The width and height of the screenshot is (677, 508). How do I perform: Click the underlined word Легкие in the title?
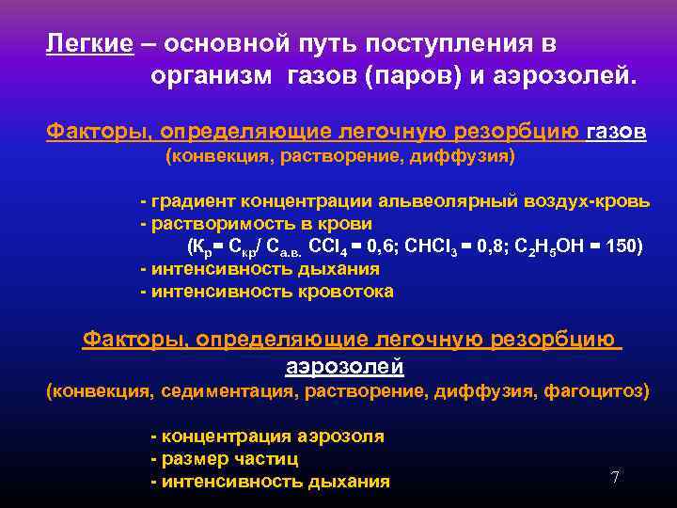[89, 44]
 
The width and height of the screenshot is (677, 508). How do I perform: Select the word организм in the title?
[208, 75]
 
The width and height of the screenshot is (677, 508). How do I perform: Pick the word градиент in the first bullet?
[193, 202]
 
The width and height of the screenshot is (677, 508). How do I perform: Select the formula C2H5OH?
[545, 247]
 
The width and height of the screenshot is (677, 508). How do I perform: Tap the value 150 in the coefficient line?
[622, 247]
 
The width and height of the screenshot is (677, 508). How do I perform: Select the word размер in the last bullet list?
[192, 459]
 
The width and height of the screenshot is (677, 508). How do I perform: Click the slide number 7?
[615, 477]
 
